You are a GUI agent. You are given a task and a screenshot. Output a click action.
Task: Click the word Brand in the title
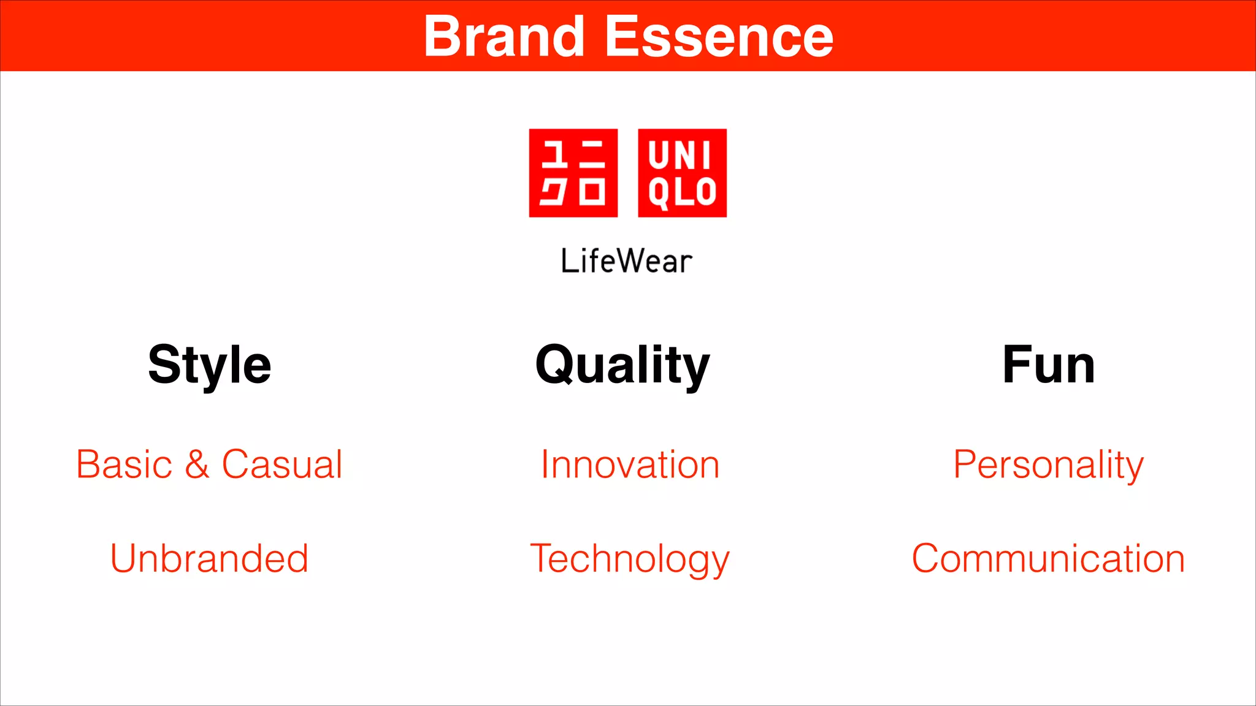click(x=504, y=37)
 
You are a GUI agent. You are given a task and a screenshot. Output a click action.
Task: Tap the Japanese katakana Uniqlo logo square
click(x=573, y=173)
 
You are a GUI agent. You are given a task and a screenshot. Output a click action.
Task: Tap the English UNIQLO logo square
click(x=682, y=173)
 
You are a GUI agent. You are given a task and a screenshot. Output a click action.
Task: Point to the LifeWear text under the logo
click(x=626, y=261)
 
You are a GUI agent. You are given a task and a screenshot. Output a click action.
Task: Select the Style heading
click(x=210, y=365)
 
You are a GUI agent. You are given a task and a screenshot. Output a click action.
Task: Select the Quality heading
click(x=622, y=365)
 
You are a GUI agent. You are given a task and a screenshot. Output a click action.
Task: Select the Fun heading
click(x=1049, y=365)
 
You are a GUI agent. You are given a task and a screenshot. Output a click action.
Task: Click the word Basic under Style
click(x=124, y=465)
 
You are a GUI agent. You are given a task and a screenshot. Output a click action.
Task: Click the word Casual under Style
click(x=281, y=465)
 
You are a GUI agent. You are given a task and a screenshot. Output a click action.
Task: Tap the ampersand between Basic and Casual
click(x=197, y=465)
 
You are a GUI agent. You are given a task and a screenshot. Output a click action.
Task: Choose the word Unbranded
click(x=209, y=558)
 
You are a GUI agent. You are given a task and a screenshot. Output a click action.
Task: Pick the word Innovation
click(x=630, y=465)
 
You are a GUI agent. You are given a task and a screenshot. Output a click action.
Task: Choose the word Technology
click(x=630, y=559)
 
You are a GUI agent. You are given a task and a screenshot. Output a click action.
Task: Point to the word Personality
click(x=1049, y=465)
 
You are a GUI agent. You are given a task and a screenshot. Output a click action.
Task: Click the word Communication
click(x=1048, y=558)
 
